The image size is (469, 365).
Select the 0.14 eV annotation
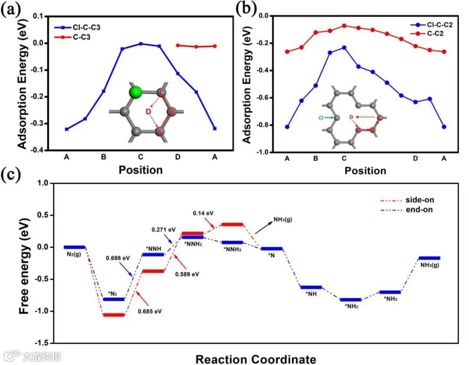pos(204,213)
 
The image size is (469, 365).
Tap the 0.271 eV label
pos(164,229)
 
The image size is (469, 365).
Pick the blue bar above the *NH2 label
pos(350,299)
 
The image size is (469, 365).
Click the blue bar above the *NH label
pos(311,287)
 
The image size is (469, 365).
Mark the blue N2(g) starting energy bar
pos(74,247)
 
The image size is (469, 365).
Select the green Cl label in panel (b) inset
pos(321,117)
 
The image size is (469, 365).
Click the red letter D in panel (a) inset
pos(149,113)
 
